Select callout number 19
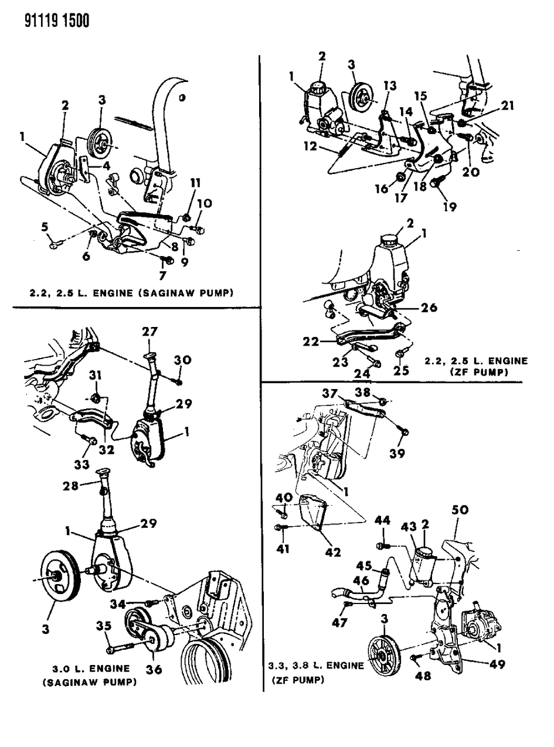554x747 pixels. (x=450, y=206)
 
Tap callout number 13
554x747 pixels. (x=390, y=86)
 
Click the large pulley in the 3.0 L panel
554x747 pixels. (x=59, y=580)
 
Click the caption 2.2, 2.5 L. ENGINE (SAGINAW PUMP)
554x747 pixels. (x=131, y=294)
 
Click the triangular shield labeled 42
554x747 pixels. (x=311, y=513)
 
